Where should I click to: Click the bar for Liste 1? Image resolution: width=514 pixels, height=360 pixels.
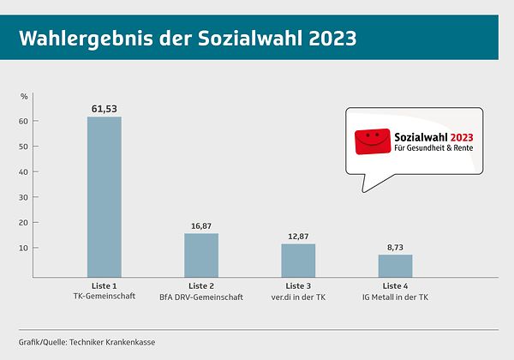pos(104,196)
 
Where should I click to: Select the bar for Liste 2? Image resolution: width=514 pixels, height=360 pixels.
pos(200,255)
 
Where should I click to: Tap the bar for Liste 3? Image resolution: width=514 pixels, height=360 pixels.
pos(298,260)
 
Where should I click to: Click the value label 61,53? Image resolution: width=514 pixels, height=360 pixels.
pos(104,109)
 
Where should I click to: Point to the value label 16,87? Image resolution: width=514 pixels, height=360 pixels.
pos(200,226)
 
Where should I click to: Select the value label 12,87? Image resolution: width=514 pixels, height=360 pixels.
pos(298,236)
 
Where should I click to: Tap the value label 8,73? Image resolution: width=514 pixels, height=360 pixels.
pos(395,247)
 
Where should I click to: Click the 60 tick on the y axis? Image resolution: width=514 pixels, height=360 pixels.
pos(24,121)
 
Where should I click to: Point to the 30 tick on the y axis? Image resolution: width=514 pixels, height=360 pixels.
pos(24,197)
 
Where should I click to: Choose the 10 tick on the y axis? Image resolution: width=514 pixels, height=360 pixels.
pos(24,249)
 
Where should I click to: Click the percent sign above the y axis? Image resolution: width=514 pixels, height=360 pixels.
pos(24,96)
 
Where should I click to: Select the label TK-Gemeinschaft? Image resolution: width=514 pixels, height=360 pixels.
pos(104,297)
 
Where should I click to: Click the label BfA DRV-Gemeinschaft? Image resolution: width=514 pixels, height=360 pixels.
pos(200,297)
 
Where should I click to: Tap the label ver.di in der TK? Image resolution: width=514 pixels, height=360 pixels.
pos(298,297)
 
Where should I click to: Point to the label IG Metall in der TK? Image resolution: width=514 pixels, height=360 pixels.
pos(395,297)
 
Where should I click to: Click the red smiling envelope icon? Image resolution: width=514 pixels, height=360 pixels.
pos(371,141)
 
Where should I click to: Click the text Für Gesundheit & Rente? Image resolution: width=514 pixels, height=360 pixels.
pos(433,148)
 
